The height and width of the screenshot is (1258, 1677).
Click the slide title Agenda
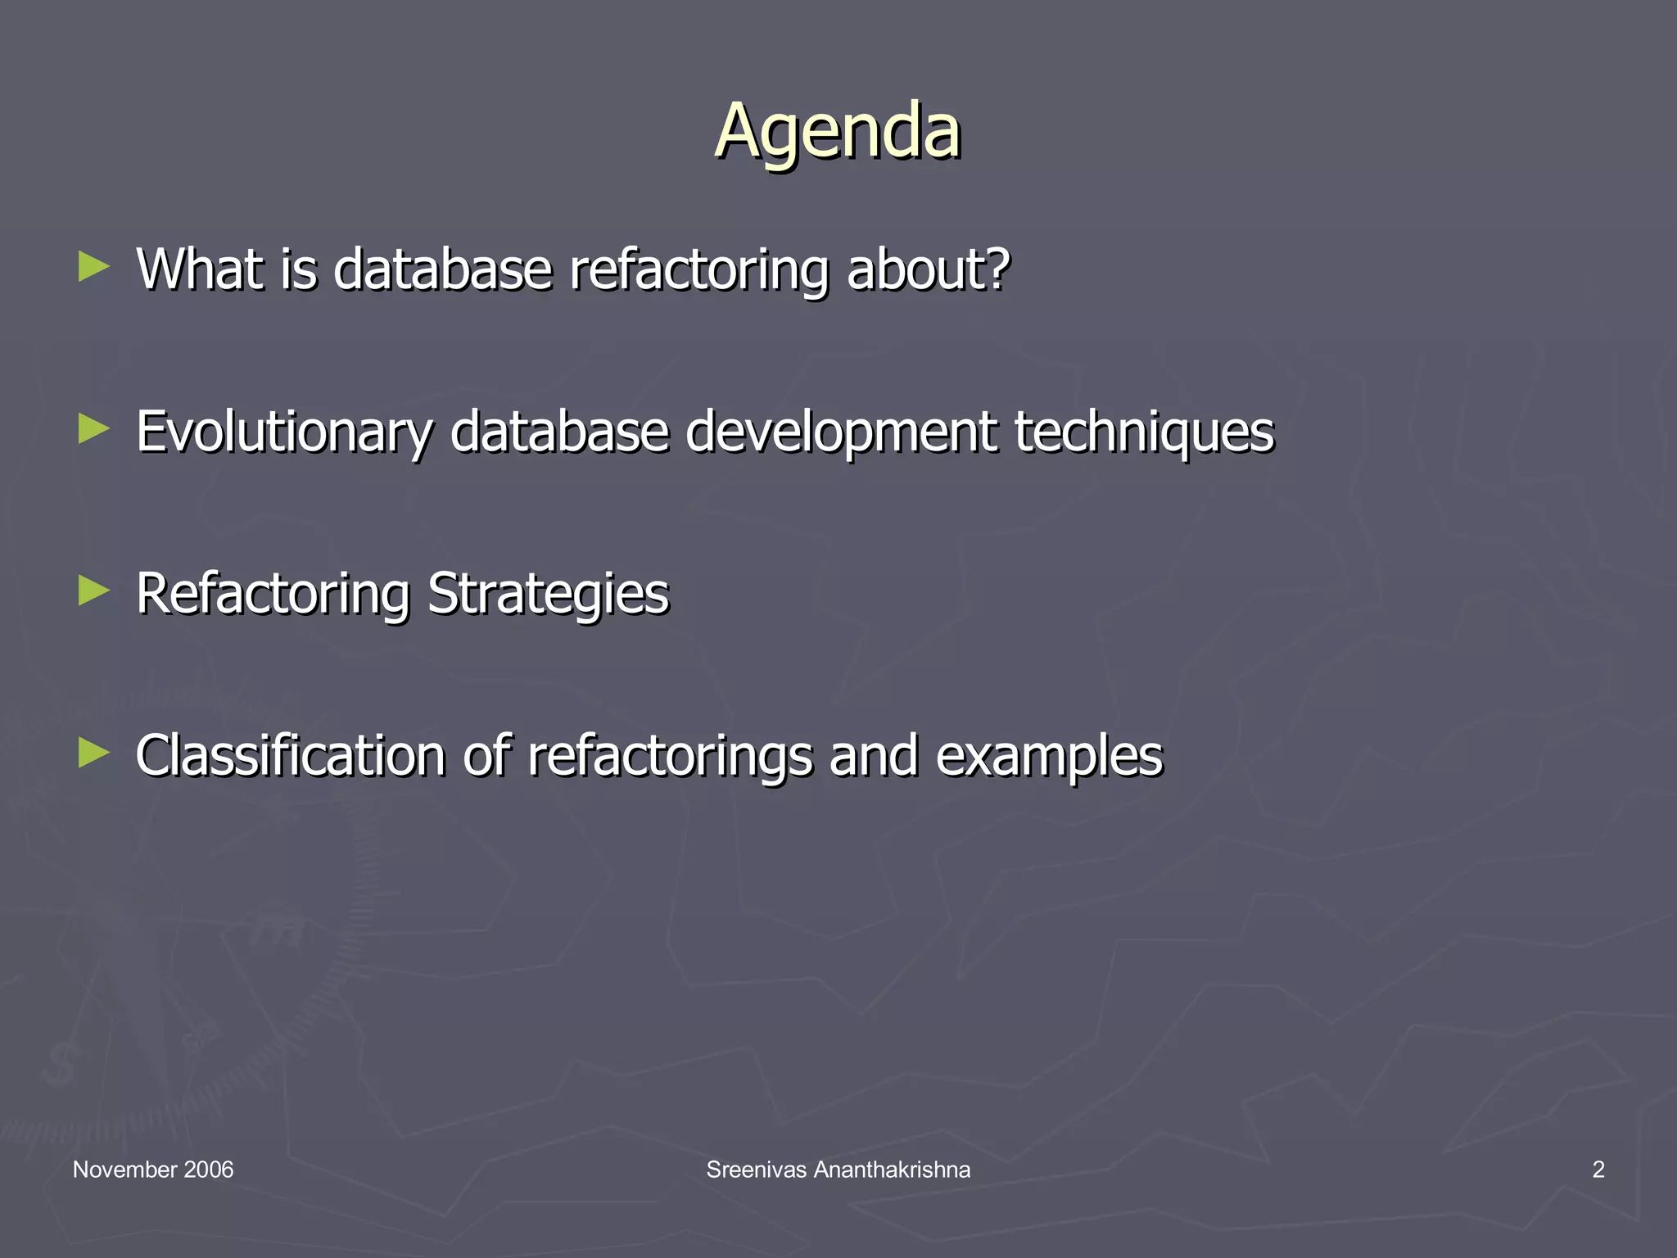(838, 131)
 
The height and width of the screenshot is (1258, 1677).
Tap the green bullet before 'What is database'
(94, 267)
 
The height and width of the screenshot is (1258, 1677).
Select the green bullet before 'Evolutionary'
(94, 429)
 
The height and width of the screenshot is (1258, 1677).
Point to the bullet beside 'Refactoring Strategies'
(94, 591)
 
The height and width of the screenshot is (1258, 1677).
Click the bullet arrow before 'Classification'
(94, 753)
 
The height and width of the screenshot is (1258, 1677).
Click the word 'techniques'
(1144, 432)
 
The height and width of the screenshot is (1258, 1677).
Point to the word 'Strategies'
(548, 594)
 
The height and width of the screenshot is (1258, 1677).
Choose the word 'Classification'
(290, 755)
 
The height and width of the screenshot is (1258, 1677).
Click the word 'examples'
(1049, 755)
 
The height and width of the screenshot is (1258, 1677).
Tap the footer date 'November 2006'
(153, 1170)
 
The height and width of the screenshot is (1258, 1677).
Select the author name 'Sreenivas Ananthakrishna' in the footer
(838, 1170)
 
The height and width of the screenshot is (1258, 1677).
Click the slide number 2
(1598, 1170)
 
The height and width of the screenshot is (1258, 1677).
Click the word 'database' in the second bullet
(559, 432)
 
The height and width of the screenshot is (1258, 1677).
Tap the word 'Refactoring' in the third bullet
(273, 594)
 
